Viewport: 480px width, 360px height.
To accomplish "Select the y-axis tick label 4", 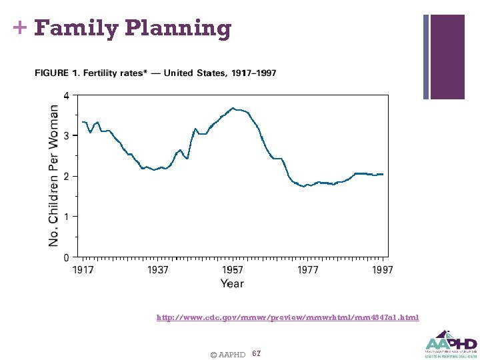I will coord(65,95).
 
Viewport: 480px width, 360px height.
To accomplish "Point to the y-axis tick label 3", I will coord(65,136).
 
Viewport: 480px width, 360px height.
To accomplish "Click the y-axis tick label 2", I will coord(65,176).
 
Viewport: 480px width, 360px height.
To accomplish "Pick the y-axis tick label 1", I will coord(65,217).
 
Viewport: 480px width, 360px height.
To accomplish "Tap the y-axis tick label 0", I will coord(65,257).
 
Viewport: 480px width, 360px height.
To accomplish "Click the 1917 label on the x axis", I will coord(83,270).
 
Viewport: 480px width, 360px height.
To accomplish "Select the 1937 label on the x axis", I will coord(158,270).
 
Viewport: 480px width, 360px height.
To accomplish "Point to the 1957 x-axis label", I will coord(233,270).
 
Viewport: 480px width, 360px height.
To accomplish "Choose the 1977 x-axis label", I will coord(307,270).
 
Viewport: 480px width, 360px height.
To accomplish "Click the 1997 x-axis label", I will coord(382,270).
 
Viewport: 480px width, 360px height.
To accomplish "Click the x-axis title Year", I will coord(232,283).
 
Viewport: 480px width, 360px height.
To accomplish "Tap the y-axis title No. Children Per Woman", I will coord(53,175).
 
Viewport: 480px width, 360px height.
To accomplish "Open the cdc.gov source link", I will coord(287,317).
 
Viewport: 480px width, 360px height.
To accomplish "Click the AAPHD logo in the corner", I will coord(451,343).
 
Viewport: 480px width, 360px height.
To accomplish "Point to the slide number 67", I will coord(257,352).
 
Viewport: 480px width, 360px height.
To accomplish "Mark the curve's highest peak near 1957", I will coord(233,108).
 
